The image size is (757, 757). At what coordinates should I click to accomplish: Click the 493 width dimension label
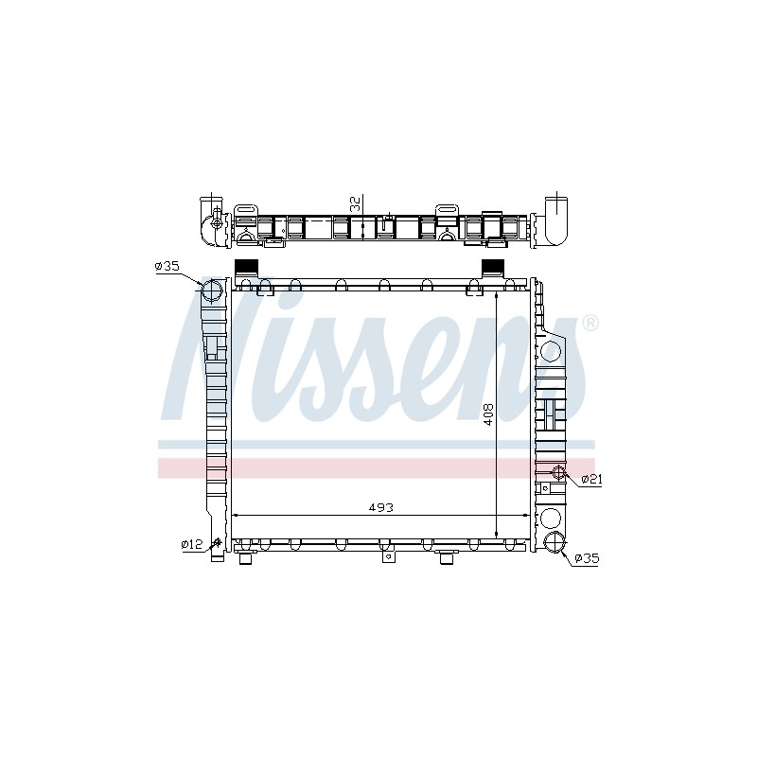[381, 507]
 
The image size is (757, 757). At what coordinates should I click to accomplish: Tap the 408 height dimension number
[488, 414]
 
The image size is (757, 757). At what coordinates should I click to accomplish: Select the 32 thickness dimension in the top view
[356, 204]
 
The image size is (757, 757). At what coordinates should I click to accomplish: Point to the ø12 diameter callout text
[192, 545]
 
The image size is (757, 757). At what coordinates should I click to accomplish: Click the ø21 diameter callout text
[591, 479]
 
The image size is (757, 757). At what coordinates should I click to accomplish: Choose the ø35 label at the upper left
[167, 266]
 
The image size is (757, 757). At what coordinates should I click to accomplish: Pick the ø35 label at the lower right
[587, 559]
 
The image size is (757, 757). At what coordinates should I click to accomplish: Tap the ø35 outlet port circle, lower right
[555, 541]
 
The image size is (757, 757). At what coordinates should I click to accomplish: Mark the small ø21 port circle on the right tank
[558, 471]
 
